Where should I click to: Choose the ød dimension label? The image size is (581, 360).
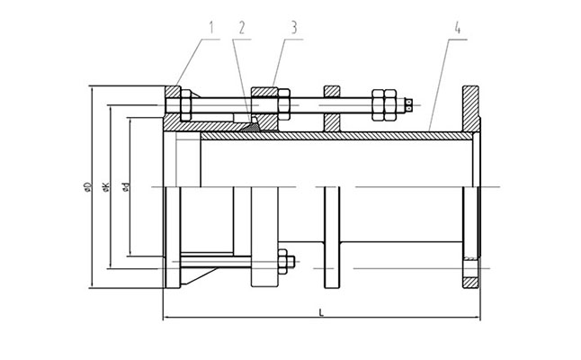point(128,187)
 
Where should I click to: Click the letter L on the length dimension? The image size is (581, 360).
point(322,311)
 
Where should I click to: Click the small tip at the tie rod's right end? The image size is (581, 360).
point(410,103)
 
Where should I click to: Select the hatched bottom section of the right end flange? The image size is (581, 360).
point(470,274)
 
